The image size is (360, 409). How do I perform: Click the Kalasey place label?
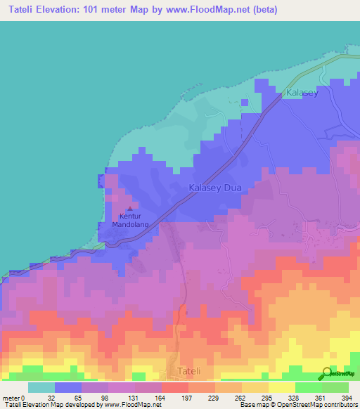(302, 93)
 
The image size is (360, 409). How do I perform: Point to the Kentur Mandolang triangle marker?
(130, 209)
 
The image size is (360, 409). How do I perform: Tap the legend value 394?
(347, 397)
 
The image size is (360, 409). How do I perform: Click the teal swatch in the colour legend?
(41, 387)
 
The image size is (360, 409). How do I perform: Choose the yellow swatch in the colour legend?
(281, 387)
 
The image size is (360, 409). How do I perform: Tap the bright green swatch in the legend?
(308, 387)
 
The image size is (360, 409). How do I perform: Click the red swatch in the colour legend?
(175, 387)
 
